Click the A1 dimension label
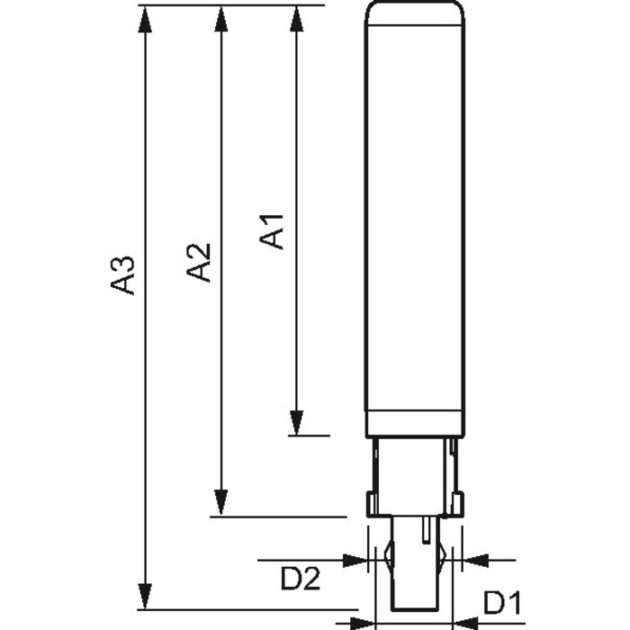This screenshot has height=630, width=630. tap(271, 232)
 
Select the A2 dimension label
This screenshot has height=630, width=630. tap(199, 263)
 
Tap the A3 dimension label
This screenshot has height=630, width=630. tap(122, 275)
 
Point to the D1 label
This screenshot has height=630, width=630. tap(502, 603)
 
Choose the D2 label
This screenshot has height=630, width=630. tap(300, 578)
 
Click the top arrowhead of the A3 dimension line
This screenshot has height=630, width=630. tap(145, 19)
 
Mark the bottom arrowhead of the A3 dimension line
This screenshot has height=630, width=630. tap(145, 596)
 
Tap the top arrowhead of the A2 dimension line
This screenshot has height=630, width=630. tap(221, 19)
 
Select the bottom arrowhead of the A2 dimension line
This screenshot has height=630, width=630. tap(221, 503)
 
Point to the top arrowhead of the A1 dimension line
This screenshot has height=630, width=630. tap(296, 19)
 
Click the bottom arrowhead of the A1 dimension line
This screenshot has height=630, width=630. tap(296, 422)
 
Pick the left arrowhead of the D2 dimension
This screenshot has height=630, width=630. tap(355, 560)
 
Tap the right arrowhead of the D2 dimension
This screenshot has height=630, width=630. tap(476, 560)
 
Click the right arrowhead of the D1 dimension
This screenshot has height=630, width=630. tap(466, 624)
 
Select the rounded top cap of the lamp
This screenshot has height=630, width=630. tap(415, 13)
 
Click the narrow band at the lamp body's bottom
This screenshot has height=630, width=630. tap(415, 424)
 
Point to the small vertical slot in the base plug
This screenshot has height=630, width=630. tap(427, 530)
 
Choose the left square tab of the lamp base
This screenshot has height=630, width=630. tap(373, 504)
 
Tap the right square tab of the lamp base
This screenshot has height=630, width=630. tap(457, 504)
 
